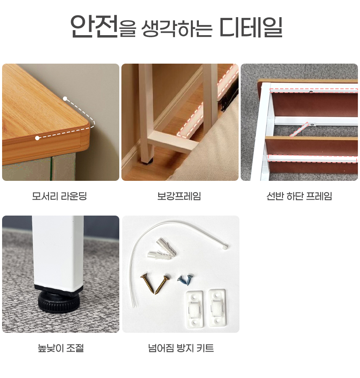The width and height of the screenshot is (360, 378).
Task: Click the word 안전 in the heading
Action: [94, 26]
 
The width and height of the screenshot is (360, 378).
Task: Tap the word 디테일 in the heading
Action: [251, 27]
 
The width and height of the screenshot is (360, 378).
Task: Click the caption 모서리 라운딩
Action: [59, 196]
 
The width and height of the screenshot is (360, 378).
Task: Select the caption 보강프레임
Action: [179, 196]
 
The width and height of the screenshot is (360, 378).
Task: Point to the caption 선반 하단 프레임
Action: [299, 196]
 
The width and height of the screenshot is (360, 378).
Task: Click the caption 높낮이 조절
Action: [61, 348]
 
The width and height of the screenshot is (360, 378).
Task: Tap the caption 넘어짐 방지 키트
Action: [181, 348]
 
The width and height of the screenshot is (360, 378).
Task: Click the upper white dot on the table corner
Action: [65, 99]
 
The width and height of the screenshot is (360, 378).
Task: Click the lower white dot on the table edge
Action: [37, 138]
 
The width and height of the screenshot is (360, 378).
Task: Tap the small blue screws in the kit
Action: [185, 280]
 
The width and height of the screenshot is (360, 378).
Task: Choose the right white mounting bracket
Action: [217, 308]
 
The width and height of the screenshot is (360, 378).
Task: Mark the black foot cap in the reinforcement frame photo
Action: [147, 161]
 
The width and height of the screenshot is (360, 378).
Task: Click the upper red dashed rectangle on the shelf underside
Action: [314, 91]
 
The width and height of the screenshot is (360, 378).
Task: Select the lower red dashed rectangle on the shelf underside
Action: [313, 158]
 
